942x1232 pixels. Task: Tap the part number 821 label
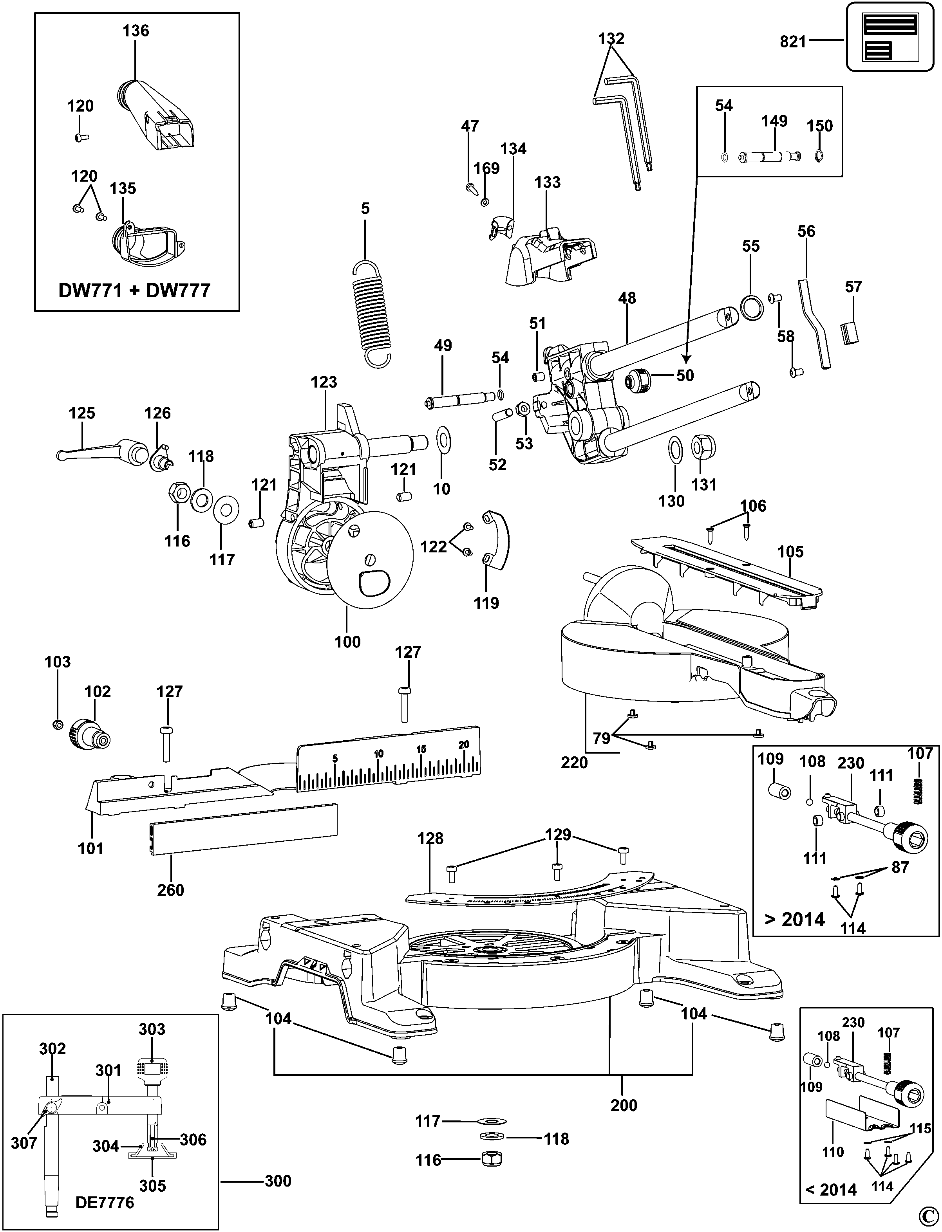click(792, 41)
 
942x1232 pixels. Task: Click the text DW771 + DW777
click(135, 290)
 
